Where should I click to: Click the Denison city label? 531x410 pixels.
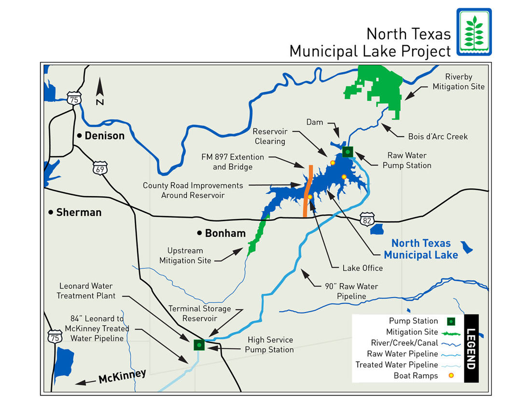(104, 136)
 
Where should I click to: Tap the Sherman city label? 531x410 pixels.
(79, 212)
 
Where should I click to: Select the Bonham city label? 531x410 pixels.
(225, 233)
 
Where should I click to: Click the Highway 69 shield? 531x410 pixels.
(100, 169)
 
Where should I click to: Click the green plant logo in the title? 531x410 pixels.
(474, 31)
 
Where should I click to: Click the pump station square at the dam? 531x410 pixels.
(348, 151)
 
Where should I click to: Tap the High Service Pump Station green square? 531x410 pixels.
(199, 345)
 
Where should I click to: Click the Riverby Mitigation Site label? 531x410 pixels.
(458, 82)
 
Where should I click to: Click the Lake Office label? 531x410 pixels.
(363, 268)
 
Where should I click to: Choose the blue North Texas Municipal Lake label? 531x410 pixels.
(421, 249)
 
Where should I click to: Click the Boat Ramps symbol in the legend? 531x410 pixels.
(451, 376)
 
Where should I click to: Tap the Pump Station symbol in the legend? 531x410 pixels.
(451, 321)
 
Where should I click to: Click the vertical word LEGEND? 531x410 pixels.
(471, 349)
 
